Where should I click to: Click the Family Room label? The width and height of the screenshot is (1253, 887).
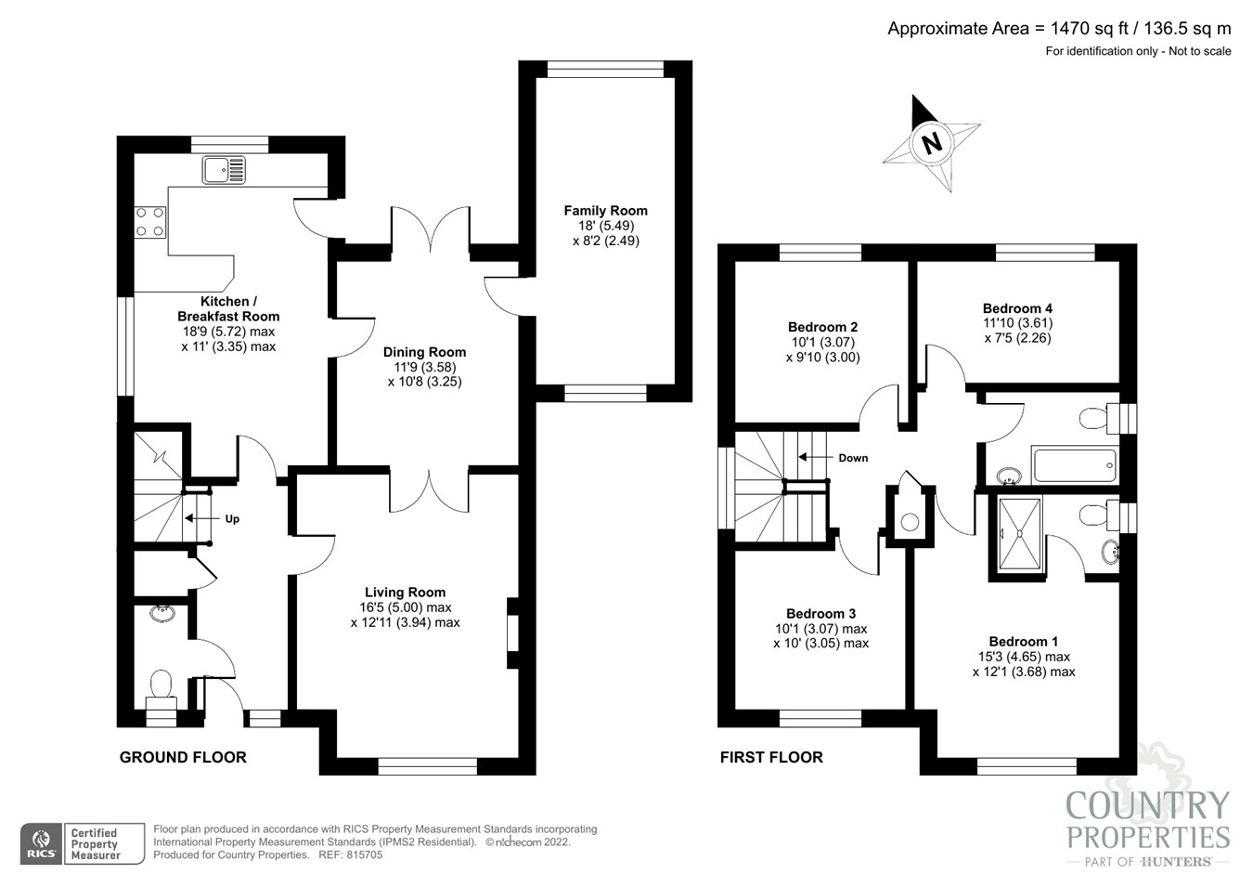pyautogui.click(x=605, y=211)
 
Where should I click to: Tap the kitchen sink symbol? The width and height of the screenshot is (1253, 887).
pyautogui.click(x=225, y=170)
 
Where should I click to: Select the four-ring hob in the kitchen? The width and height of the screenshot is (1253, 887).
pyautogui.click(x=149, y=222)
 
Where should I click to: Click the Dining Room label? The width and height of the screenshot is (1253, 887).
pyautogui.click(x=424, y=352)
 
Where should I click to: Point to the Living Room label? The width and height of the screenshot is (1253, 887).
pyautogui.click(x=405, y=593)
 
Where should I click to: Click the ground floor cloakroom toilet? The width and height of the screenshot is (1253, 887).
pyautogui.click(x=161, y=688)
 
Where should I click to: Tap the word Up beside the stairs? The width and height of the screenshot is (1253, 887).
pyautogui.click(x=232, y=519)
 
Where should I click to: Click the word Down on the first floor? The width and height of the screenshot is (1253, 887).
pyautogui.click(x=853, y=458)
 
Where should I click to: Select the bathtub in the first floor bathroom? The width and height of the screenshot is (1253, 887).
pyautogui.click(x=1075, y=464)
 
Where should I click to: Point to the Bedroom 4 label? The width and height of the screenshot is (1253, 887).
pyautogui.click(x=1017, y=308)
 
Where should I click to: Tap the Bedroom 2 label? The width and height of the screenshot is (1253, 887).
pyautogui.click(x=822, y=327)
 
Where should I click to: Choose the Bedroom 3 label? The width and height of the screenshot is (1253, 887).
pyautogui.click(x=820, y=614)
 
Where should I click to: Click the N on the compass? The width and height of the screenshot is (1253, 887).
pyautogui.click(x=932, y=143)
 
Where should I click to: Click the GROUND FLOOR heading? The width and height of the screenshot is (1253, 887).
pyautogui.click(x=183, y=757)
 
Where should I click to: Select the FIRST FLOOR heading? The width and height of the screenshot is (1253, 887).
pyautogui.click(x=771, y=757)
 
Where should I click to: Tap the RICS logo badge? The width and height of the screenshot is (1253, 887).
pyautogui.click(x=40, y=843)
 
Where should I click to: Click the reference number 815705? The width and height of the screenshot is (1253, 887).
pyautogui.click(x=363, y=855)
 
